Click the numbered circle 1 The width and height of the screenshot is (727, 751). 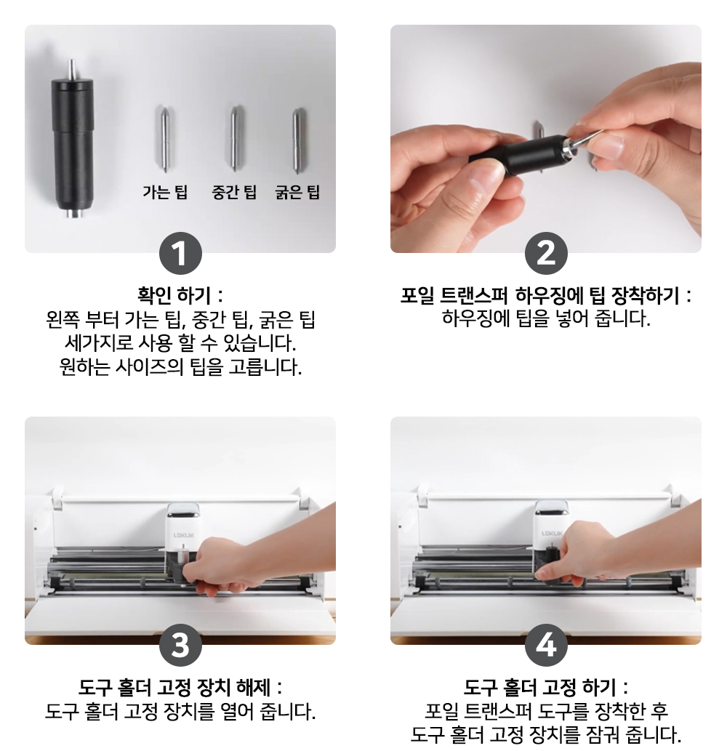point(180,254)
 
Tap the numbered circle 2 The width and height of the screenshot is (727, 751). point(546,254)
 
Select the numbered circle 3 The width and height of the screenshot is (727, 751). point(180,645)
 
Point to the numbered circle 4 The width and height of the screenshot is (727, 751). point(546,645)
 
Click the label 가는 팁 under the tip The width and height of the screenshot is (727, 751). point(165,192)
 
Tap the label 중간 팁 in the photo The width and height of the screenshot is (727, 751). point(234,192)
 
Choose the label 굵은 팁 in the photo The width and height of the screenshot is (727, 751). point(297,192)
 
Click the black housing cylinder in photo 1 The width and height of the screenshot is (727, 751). point(72,145)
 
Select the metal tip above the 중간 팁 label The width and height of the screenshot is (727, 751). point(234,138)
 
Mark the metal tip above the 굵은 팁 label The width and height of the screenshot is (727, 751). point(297,140)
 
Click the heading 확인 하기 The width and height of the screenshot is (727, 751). point(180,295)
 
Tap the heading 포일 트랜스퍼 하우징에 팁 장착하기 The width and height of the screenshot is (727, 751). point(546,295)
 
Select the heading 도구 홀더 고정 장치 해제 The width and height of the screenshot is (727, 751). point(180,687)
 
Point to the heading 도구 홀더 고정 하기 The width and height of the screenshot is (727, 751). point(546,687)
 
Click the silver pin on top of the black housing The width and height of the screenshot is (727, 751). point(72,70)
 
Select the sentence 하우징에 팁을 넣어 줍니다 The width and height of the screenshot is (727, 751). point(546,318)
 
